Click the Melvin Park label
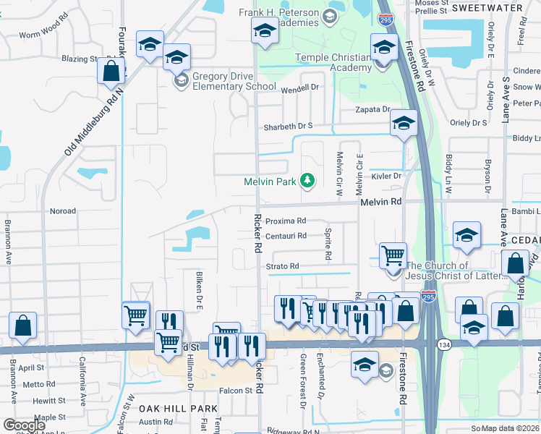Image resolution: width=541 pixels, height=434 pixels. [x=270, y=182]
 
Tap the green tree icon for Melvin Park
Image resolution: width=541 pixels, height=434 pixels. [x=307, y=180]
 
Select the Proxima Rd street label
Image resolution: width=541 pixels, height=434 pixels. [x=286, y=221]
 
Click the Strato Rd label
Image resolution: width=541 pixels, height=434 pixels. [x=281, y=266]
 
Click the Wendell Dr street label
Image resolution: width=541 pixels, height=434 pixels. [x=299, y=88]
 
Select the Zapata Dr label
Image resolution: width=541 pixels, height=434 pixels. [x=372, y=109]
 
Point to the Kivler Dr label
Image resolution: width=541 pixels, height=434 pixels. [x=386, y=176]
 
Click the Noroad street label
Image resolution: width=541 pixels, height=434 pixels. [x=62, y=211]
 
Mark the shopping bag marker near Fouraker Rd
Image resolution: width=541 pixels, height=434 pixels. [x=111, y=72]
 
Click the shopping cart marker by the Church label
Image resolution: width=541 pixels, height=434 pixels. [x=393, y=255]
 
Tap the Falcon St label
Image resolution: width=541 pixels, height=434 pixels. [x=237, y=391]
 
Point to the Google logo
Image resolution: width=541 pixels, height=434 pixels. [x=24, y=425]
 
